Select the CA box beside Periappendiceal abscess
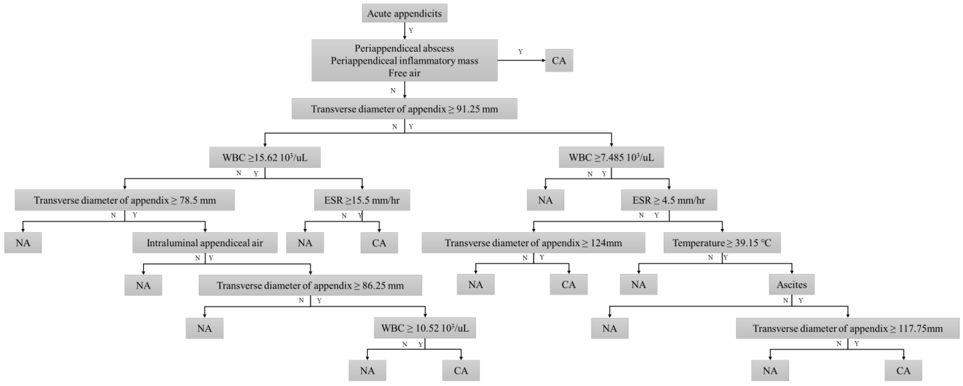[559, 61]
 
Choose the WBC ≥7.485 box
[611, 157]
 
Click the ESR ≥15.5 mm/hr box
[362, 200]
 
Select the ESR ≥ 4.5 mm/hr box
[669, 200]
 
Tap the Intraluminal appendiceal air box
[205, 243]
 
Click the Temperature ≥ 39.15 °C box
[722, 243]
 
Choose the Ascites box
[791, 285]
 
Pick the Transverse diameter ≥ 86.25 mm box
[310, 285]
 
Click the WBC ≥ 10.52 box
[425, 328]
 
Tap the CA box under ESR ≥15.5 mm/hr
[379, 243]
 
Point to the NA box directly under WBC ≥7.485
[545, 200]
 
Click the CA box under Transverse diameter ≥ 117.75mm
[903, 371]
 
